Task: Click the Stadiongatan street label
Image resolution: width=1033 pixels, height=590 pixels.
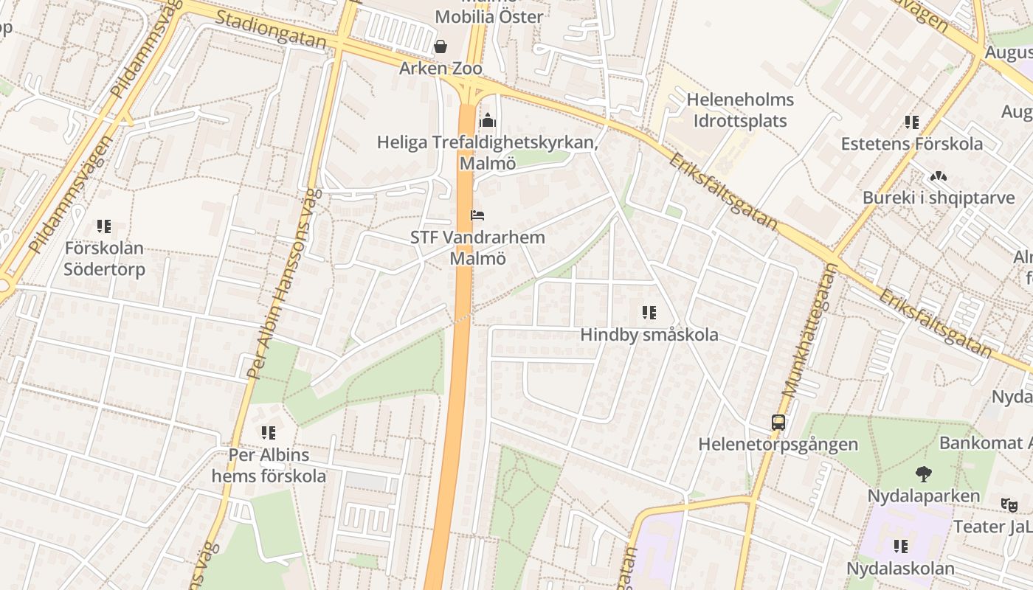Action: pyautogui.click(x=271, y=29)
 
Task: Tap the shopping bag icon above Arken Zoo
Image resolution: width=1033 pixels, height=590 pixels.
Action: pyautogui.click(x=441, y=46)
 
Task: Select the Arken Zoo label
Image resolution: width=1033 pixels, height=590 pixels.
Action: pyautogui.click(x=441, y=69)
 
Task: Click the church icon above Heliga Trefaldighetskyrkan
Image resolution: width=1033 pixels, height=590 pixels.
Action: pyautogui.click(x=487, y=120)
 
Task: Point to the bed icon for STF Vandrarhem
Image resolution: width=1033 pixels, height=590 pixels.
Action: pyautogui.click(x=477, y=215)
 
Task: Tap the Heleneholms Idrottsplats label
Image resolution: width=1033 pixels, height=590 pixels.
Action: pyautogui.click(x=740, y=110)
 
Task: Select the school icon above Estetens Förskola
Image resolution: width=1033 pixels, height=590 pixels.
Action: pyautogui.click(x=912, y=122)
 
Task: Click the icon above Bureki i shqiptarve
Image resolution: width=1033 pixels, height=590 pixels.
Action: pyautogui.click(x=938, y=177)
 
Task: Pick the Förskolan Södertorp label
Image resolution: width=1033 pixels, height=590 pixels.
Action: pyautogui.click(x=104, y=258)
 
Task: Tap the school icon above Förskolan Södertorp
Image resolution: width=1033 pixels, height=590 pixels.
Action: pyautogui.click(x=104, y=226)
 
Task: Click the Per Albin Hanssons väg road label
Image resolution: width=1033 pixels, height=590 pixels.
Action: pyautogui.click(x=282, y=284)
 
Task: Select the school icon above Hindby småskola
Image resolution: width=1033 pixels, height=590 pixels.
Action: pyautogui.click(x=649, y=313)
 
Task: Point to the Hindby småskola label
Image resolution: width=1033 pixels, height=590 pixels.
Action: pyautogui.click(x=649, y=335)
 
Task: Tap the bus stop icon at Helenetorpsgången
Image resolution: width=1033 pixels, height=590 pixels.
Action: pyautogui.click(x=778, y=423)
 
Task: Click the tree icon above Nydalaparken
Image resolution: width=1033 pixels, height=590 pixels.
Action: pyautogui.click(x=923, y=473)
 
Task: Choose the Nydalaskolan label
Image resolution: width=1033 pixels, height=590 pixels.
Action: pyautogui.click(x=900, y=569)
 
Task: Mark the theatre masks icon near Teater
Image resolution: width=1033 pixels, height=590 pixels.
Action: pyautogui.click(x=1009, y=505)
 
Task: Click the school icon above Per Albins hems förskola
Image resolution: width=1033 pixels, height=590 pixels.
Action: pyautogui.click(x=269, y=433)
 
